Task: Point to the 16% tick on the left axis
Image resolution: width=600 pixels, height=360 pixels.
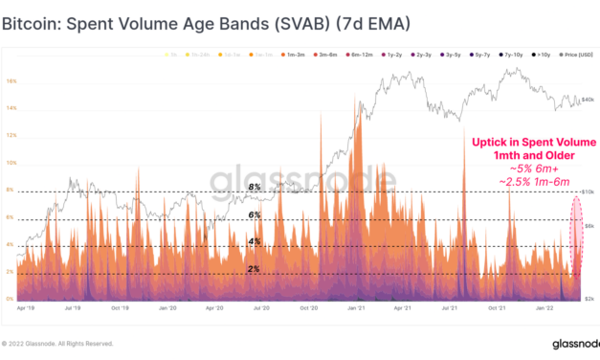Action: pos(11,81)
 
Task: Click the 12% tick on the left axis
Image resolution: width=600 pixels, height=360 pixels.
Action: pos(11,136)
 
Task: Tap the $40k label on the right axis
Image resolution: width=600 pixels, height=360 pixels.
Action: pos(589,99)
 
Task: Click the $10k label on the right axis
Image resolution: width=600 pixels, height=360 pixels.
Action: pos(589,191)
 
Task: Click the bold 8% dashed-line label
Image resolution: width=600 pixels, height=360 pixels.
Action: pos(256,188)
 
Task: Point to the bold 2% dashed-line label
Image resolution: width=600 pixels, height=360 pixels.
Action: pos(256,269)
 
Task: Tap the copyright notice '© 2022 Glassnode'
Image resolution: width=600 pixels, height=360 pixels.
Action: pos(57,343)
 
